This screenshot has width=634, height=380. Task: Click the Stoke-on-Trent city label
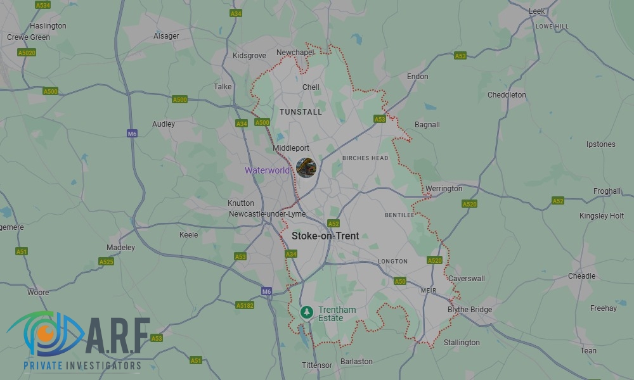[325, 236]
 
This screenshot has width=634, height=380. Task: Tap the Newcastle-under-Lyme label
[267, 214]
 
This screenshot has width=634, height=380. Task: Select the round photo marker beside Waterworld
[306, 168]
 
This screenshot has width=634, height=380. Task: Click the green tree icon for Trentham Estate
[306, 312]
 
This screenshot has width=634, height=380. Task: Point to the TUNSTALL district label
[301, 112]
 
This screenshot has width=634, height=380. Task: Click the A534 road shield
[43, 6]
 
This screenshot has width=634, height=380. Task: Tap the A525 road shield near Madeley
[106, 262]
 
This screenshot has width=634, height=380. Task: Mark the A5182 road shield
[245, 305]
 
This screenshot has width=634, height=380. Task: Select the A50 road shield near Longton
[399, 281]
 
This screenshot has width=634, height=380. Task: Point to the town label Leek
[536, 11]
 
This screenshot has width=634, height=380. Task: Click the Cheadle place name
[581, 276]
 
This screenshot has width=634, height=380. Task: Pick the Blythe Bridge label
[469, 310]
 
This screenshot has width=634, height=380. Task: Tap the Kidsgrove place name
[249, 56]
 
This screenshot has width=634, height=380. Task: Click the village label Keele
[188, 235]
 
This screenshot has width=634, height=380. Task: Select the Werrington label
[444, 189]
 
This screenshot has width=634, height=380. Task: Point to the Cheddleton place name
[507, 95]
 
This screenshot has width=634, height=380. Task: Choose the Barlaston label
[356, 362]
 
